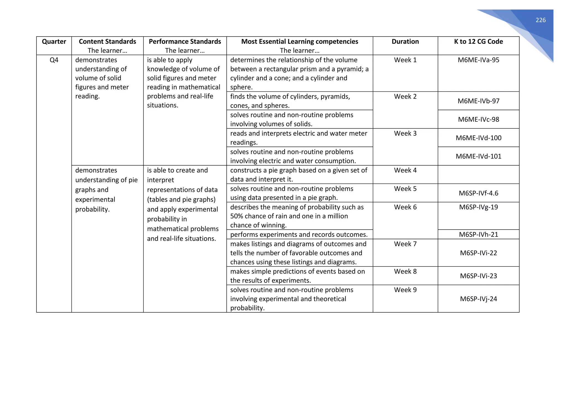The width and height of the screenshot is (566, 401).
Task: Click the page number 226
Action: pyautogui.click(x=540, y=20)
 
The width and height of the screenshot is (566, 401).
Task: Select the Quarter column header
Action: pyautogui.click(x=54, y=42)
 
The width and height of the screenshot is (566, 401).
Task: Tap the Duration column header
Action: pyautogui.click(x=405, y=42)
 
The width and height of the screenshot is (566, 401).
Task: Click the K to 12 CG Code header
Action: pyautogui.click(x=478, y=42)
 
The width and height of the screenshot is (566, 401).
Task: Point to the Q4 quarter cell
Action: pyautogui.click(x=54, y=60)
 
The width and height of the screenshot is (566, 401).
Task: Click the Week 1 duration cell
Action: pyautogui.click(x=405, y=60)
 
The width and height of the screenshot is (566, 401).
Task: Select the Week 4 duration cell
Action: pyautogui.click(x=405, y=170)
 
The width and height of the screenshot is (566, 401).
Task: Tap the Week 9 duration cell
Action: pyautogui.click(x=405, y=290)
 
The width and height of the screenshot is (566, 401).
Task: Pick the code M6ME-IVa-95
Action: pyautogui.click(x=478, y=60)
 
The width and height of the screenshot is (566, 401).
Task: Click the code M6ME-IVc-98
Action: pyautogui.click(x=478, y=119)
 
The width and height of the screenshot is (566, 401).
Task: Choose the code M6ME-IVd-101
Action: pyautogui.click(x=478, y=156)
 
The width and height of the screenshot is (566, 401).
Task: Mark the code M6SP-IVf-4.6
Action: pyautogui.click(x=478, y=193)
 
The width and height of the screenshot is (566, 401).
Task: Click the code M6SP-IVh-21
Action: pyautogui.click(x=478, y=235)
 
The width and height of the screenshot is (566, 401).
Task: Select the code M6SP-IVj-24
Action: pyautogui.click(x=478, y=299)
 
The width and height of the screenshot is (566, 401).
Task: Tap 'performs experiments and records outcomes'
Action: pyautogui.click(x=299, y=235)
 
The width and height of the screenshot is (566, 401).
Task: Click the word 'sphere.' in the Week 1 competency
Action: pyautogui.click(x=241, y=87)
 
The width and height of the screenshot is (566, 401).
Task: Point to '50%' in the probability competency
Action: pyautogui.click(x=236, y=216)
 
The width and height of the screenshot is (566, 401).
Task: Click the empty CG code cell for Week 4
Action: pyautogui.click(x=478, y=175)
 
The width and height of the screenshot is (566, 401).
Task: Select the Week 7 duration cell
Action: pyautogui.click(x=405, y=244)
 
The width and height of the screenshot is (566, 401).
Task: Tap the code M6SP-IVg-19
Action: pyautogui.click(x=478, y=207)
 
